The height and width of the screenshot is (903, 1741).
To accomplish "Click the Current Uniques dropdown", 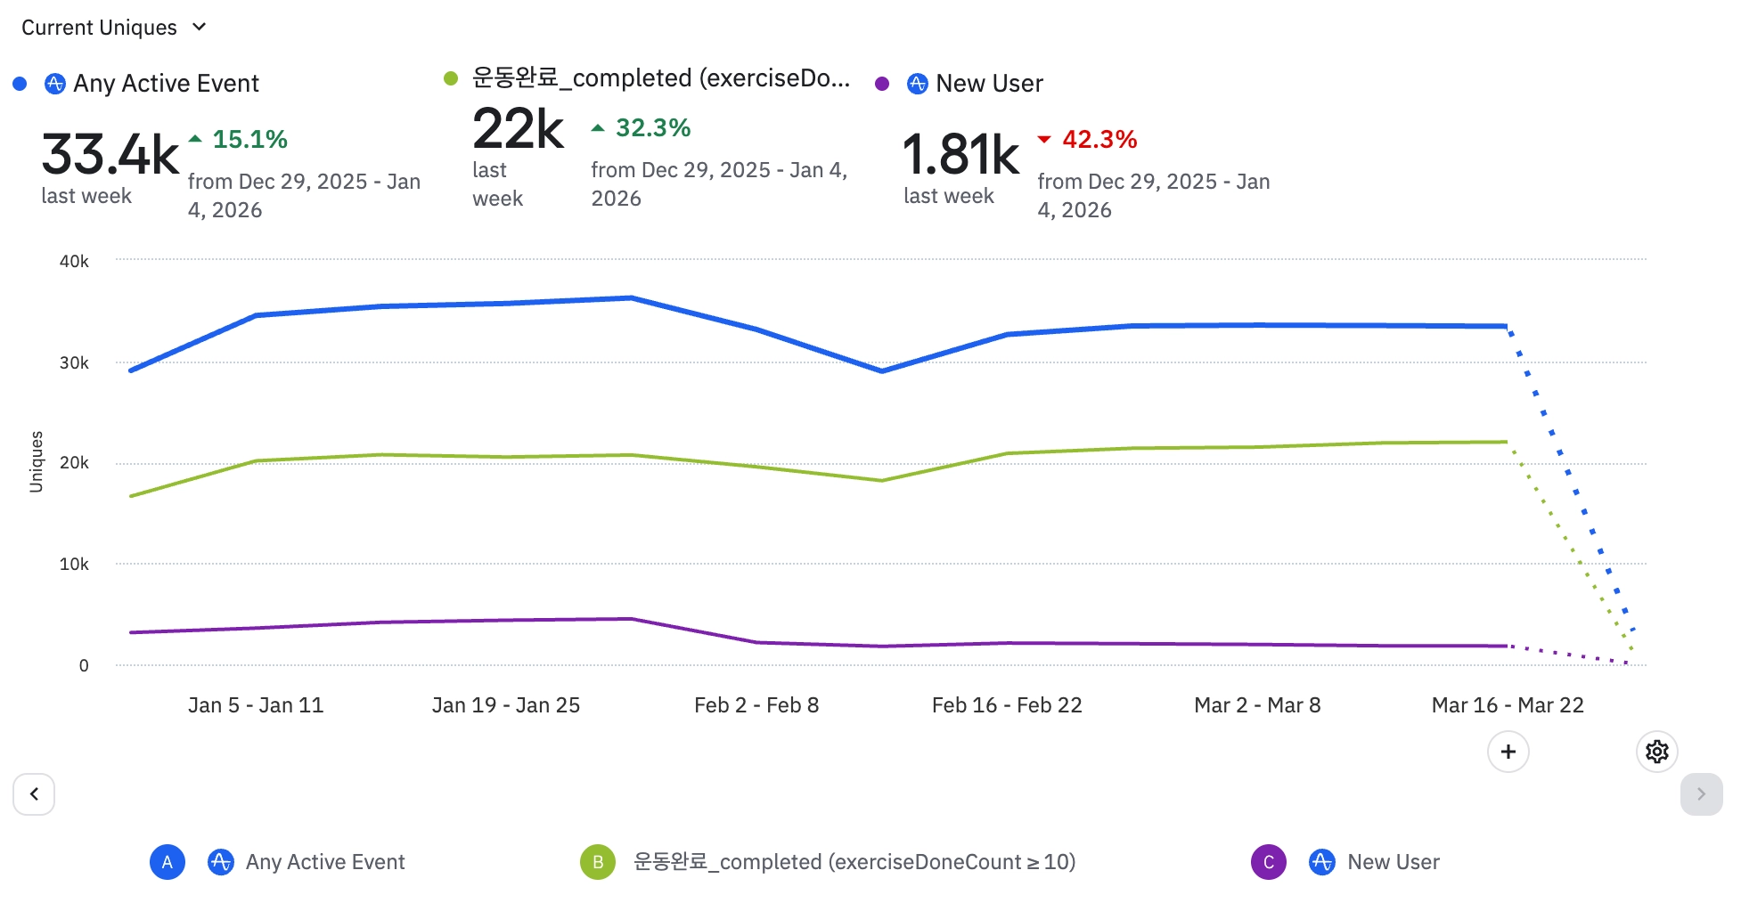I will [113, 28].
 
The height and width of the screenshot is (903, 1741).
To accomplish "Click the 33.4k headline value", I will [110, 154].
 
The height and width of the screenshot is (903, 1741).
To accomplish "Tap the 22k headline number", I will [518, 129].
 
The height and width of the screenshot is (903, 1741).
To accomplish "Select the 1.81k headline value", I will [960, 154].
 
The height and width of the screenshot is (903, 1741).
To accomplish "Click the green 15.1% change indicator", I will [239, 140].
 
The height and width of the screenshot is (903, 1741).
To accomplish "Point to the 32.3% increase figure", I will [642, 128].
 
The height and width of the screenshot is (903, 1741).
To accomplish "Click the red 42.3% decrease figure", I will [1088, 140].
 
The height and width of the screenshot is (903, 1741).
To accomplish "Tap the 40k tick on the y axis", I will [74, 262].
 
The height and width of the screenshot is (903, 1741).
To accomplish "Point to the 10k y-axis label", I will [74, 565].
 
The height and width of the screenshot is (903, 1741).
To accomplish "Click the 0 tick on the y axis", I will [84, 666].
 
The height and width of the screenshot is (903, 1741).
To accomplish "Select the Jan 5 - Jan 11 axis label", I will [256, 705].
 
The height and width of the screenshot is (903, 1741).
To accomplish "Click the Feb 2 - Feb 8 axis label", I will [756, 705].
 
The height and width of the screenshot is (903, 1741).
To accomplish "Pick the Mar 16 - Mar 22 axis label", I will [1508, 705].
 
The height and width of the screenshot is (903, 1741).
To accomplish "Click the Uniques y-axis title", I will [37, 461].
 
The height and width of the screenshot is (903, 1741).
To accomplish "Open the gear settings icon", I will [1656, 752].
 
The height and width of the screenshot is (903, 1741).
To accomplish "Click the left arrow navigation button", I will [34, 793].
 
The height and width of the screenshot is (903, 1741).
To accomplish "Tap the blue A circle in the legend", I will [168, 862].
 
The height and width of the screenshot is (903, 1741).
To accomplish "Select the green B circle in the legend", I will [598, 862].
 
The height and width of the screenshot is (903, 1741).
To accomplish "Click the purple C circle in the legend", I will [1268, 862].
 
